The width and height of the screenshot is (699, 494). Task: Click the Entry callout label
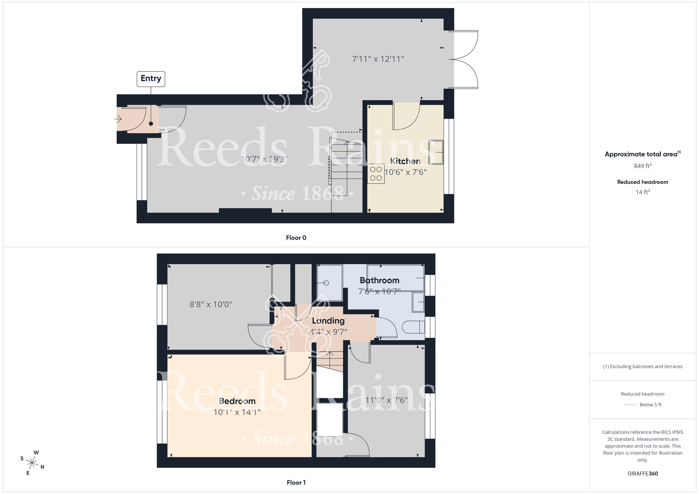click(x=151, y=79)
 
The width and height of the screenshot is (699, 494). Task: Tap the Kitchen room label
click(x=405, y=161)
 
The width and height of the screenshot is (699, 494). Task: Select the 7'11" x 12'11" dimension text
click(x=378, y=59)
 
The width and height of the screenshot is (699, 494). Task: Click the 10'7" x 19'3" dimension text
click(x=264, y=159)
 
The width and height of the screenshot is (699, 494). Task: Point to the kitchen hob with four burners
click(x=376, y=174)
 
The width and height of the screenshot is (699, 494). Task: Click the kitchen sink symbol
click(x=436, y=152)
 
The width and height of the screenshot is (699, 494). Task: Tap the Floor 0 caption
click(x=296, y=238)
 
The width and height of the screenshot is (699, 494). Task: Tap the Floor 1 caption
click(x=296, y=482)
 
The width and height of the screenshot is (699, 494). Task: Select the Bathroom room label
click(x=379, y=280)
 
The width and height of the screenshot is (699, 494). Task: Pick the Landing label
click(x=328, y=321)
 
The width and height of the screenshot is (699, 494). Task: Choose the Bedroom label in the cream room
click(x=237, y=401)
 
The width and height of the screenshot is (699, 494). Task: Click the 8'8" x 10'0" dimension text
click(x=211, y=305)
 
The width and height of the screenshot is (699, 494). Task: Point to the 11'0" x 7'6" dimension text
click(x=386, y=400)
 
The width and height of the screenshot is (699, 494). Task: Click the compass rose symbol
click(x=32, y=463)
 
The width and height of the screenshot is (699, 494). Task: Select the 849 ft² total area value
click(x=642, y=166)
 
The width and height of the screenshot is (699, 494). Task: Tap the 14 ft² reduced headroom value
click(x=642, y=192)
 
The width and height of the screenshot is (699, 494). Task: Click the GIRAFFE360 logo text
click(x=642, y=474)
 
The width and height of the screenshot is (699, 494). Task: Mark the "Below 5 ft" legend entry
click(x=650, y=405)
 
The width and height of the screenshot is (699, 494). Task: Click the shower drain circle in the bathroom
click(x=326, y=283)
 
